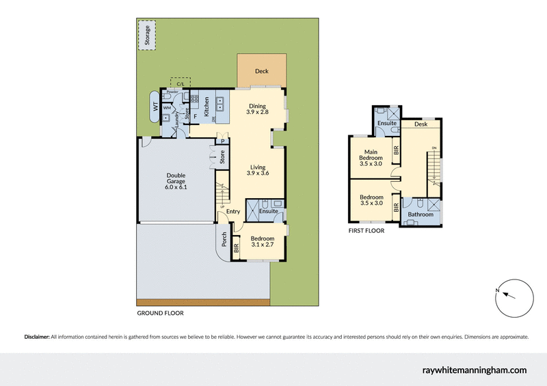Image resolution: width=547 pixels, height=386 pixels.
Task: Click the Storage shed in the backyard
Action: click(x=146, y=36)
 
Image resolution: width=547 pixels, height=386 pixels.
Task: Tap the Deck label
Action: click(x=261, y=71)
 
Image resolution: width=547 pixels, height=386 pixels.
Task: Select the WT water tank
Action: click(x=155, y=107)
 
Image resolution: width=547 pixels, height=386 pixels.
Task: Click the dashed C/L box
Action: click(x=181, y=83)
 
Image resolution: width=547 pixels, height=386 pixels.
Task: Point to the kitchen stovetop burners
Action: click(x=194, y=102)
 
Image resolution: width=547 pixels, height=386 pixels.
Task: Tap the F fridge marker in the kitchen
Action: click(x=196, y=118)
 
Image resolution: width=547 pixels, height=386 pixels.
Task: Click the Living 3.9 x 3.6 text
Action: click(x=257, y=170)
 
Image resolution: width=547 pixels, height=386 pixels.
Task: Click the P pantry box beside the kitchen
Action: click(x=222, y=141)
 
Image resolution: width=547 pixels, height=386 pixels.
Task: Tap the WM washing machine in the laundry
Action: click(x=166, y=107)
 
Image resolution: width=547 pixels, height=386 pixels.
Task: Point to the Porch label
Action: click(x=224, y=239)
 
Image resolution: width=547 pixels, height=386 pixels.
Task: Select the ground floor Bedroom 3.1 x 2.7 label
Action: click(x=262, y=240)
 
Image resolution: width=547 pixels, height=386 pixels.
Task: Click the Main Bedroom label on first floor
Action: click(x=371, y=156)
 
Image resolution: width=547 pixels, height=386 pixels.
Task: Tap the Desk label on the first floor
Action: click(x=421, y=124)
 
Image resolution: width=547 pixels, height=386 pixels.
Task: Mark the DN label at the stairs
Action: click(x=434, y=149)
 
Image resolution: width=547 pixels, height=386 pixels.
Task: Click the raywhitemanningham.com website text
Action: click(x=474, y=370)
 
